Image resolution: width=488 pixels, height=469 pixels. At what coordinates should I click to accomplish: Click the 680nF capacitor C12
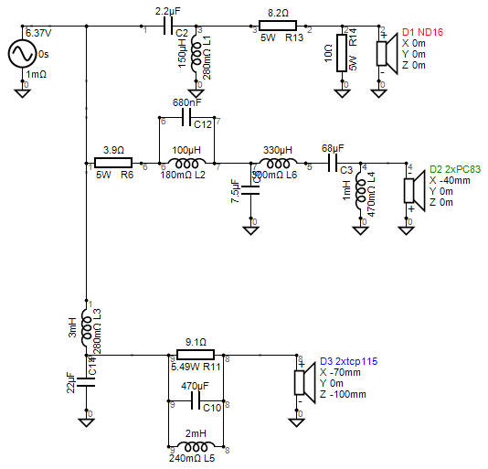(188, 119)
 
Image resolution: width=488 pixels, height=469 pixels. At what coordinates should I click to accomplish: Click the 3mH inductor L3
(86, 326)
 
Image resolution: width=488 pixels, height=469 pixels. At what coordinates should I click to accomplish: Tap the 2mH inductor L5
(196, 446)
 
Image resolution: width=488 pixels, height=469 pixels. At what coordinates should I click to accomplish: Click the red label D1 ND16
(424, 32)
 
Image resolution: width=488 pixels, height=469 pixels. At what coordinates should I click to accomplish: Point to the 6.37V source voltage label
(37, 32)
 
